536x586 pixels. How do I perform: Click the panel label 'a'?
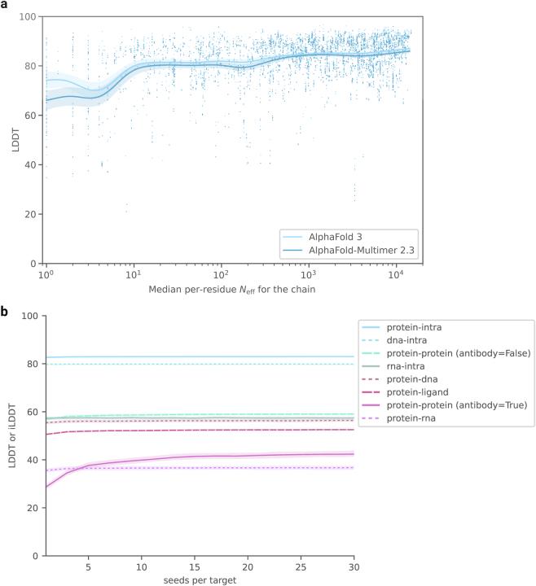tap(6, 6)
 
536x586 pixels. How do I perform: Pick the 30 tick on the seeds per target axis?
tap(354, 566)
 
